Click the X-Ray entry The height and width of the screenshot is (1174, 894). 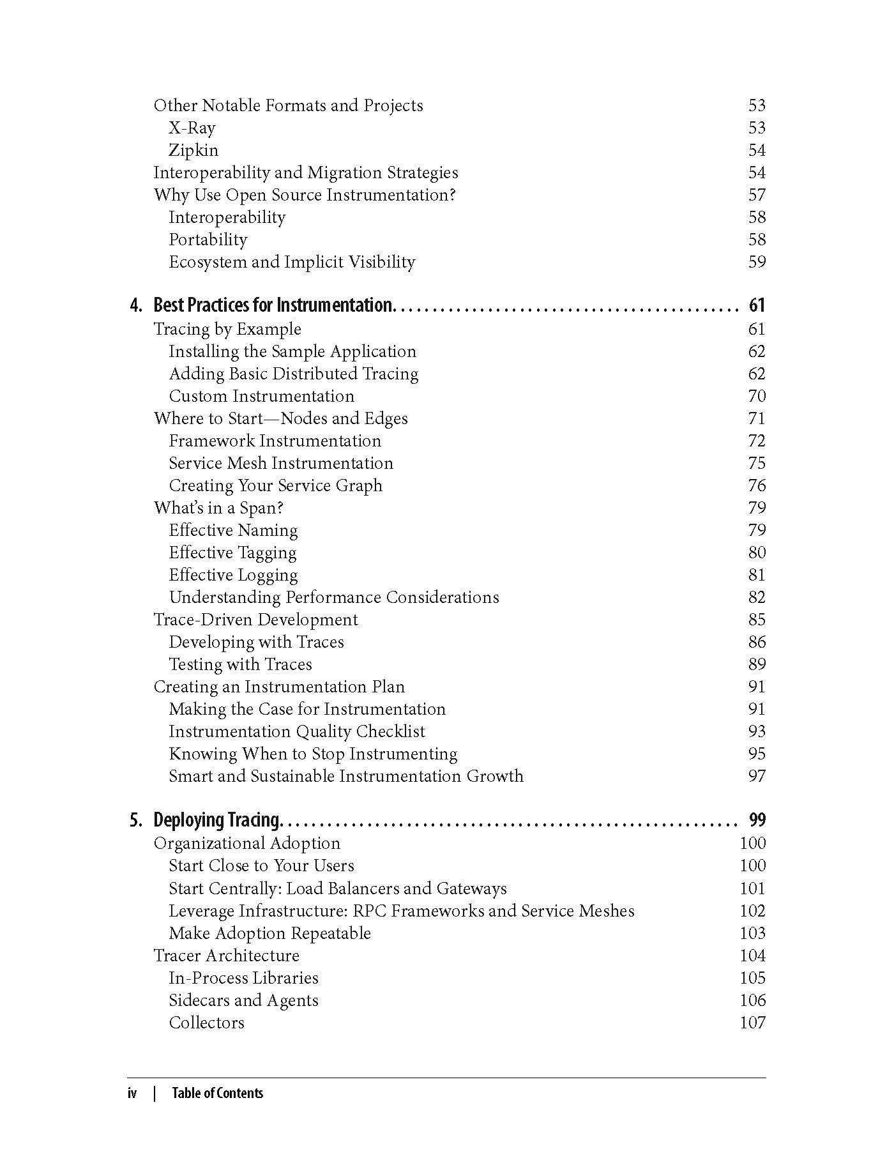click(192, 128)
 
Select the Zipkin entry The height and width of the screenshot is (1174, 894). click(193, 150)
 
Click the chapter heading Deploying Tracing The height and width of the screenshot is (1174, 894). click(217, 820)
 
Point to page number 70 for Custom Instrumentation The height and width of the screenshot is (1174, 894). click(756, 396)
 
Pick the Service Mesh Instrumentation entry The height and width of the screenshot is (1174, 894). click(281, 463)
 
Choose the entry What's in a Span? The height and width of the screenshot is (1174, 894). click(218, 508)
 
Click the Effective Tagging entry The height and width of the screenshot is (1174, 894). click(232, 553)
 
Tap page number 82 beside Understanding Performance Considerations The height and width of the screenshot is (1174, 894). click(756, 597)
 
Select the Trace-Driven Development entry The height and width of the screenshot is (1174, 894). click(255, 620)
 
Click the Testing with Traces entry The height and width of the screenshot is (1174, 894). click(240, 664)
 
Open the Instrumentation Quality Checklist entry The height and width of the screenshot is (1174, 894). click(296, 731)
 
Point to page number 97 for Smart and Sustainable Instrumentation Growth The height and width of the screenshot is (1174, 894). click(756, 776)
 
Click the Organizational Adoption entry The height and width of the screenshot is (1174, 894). click(246, 843)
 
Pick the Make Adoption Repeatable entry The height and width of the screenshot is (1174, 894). click(269, 933)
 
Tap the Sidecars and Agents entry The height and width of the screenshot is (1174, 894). click(243, 1000)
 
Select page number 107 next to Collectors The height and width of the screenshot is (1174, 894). click(752, 1023)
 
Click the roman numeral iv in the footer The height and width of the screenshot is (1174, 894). click(132, 1093)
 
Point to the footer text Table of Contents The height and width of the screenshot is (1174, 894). click(217, 1093)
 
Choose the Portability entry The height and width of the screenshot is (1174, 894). click(208, 240)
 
